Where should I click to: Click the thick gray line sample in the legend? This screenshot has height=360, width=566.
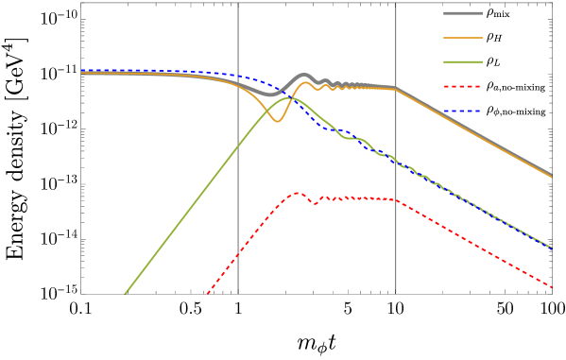tap(463, 13)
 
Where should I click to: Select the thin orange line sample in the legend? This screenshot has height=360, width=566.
tap(463, 38)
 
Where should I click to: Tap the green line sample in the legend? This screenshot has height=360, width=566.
tap(463, 62)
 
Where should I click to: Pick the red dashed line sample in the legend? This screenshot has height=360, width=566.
tap(463, 86)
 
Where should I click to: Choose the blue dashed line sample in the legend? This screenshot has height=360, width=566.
tap(463, 111)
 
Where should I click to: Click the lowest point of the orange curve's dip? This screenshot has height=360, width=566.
tap(277, 121)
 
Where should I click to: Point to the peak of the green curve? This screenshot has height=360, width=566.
tap(286, 97)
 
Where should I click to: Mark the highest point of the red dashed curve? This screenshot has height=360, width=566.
tap(298, 193)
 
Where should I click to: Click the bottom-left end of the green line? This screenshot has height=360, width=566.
tap(125, 293)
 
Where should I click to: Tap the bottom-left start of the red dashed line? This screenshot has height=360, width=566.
tap(207, 293)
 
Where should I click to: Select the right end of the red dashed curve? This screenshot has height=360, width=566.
tap(552, 286)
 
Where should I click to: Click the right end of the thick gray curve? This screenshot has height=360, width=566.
tap(552, 175)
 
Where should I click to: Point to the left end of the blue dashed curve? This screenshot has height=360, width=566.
tap(82, 71)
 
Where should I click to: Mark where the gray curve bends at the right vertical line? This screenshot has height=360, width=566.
tap(396, 89)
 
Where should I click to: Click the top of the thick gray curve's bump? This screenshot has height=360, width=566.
tap(303, 76)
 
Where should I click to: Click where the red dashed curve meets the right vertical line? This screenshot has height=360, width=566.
tap(396, 200)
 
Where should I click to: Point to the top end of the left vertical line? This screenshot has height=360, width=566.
tap(237, 4)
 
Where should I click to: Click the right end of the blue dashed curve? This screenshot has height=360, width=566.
tap(552, 248)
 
